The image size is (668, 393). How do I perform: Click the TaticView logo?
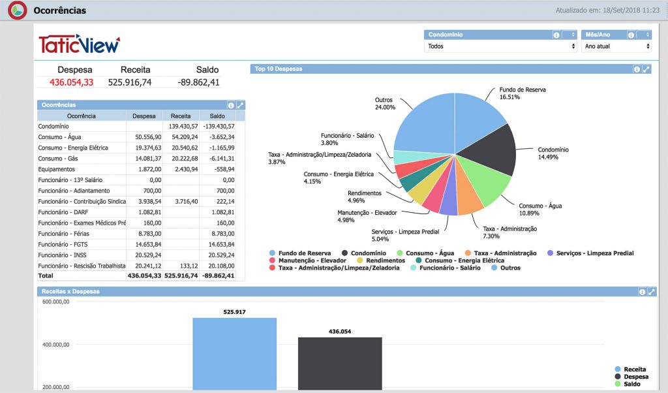pos(79,44)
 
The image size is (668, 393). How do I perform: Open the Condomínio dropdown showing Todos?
pos(500,46)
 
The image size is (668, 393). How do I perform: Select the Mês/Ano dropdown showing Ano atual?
pos(616,46)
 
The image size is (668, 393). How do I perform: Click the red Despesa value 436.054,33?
pos(71,82)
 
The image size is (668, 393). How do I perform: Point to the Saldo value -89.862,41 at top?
pos(198,82)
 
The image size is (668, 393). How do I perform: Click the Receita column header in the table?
pos(181,116)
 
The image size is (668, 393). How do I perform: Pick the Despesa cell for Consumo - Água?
pos(148,137)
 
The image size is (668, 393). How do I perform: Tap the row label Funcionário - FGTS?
pos(63,244)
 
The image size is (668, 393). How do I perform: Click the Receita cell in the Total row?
pos(181,275)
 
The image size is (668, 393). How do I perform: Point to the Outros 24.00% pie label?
pos(385,104)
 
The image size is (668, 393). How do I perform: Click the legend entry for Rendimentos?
pos(381,260)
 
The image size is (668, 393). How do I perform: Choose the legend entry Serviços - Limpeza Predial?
pos(590,253)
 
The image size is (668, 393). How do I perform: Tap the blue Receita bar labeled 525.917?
pos(234,354)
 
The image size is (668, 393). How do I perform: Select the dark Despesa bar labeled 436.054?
pos(340,364)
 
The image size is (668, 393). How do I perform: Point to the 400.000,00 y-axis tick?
pos(56,345)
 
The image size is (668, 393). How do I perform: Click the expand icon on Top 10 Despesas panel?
pos(646,69)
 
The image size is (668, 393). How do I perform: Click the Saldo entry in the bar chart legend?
pos(628,384)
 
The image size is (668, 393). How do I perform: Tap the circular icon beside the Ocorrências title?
pos(18,10)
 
